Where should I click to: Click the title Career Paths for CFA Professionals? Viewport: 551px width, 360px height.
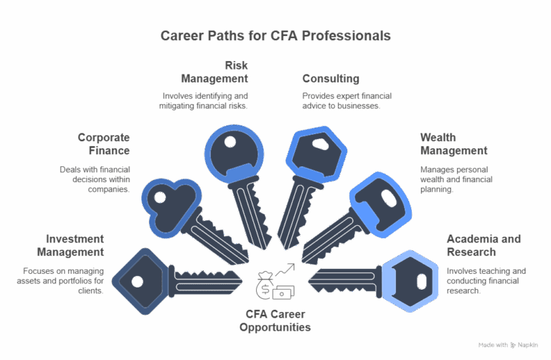point(275,34)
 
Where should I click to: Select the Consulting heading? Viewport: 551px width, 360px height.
point(330,77)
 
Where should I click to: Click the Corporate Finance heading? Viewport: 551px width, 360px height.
point(104,143)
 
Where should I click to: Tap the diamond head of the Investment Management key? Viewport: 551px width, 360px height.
point(141,281)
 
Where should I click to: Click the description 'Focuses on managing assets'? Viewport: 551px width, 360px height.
point(64,281)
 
